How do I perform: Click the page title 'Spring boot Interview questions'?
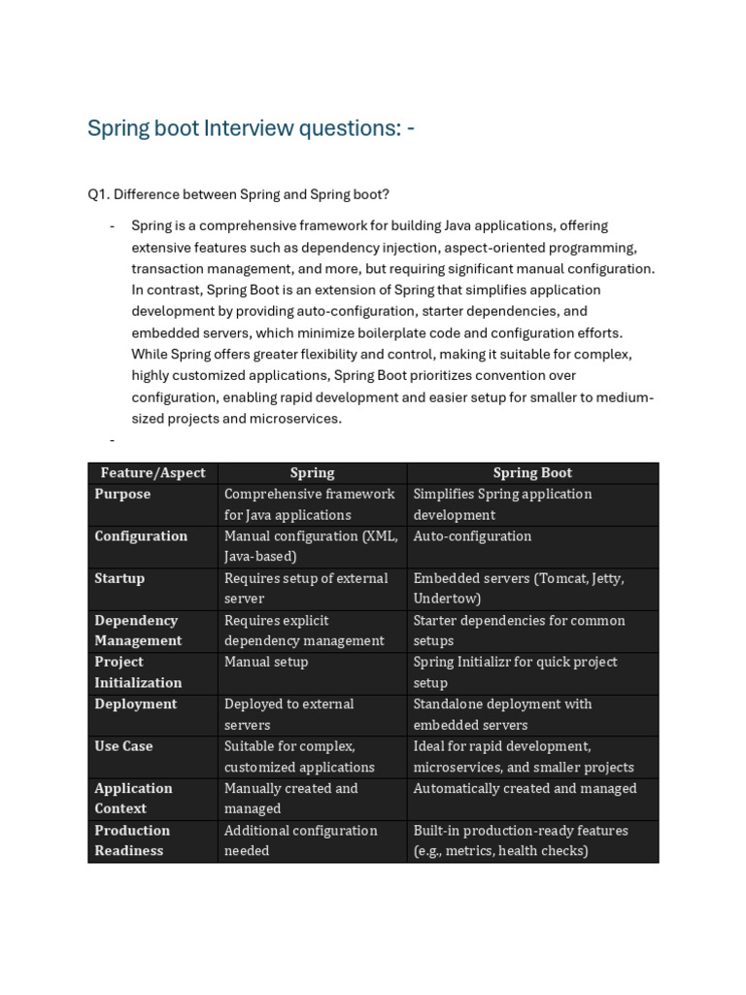point(251,129)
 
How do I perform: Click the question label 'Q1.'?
point(98,194)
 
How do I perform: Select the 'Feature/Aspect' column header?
point(153,473)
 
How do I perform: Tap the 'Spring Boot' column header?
point(532,473)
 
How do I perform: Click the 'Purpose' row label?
point(122,494)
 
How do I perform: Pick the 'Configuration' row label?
point(141,536)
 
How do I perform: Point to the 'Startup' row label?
point(119,578)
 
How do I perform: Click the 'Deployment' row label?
point(136,703)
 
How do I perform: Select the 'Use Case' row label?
point(123,746)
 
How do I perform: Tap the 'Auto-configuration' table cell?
point(472,536)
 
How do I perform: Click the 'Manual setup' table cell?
point(266,662)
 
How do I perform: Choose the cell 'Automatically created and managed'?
point(525,788)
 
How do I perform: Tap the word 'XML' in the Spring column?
point(380,536)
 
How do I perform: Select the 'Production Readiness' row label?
point(132,841)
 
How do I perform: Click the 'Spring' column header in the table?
point(312,473)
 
